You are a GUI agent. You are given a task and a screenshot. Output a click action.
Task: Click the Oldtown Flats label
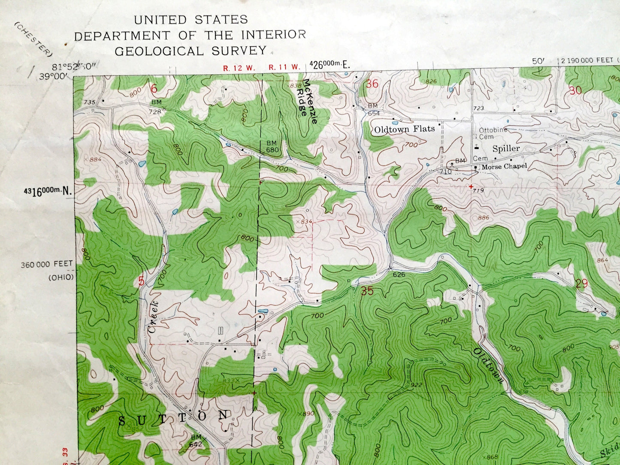pyautogui.click(x=404, y=129)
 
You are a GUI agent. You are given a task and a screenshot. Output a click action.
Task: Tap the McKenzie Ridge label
pyautogui.click(x=310, y=101)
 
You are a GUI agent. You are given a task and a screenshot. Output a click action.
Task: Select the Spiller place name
pyautogui.click(x=506, y=149)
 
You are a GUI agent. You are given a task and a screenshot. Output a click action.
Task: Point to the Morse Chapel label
pyautogui.click(x=504, y=166)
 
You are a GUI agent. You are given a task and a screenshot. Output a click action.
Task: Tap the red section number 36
pyautogui.click(x=372, y=84)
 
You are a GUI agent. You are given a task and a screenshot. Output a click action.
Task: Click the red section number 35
pyautogui.click(x=367, y=291)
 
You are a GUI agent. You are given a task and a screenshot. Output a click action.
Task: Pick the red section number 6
pyautogui.click(x=154, y=88)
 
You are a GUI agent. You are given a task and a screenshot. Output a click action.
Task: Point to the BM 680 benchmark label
pyautogui.click(x=272, y=147)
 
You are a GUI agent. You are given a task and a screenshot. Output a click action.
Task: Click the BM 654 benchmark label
pyautogui.click(x=372, y=109)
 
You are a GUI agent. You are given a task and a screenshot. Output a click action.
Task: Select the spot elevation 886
pyautogui.click(x=483, y=218)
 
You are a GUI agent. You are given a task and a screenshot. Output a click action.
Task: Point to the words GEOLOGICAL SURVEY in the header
pyautogui.click(x=191, y=51)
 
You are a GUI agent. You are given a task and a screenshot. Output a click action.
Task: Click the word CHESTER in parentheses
pyautogui.click(x=33, y=39)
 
